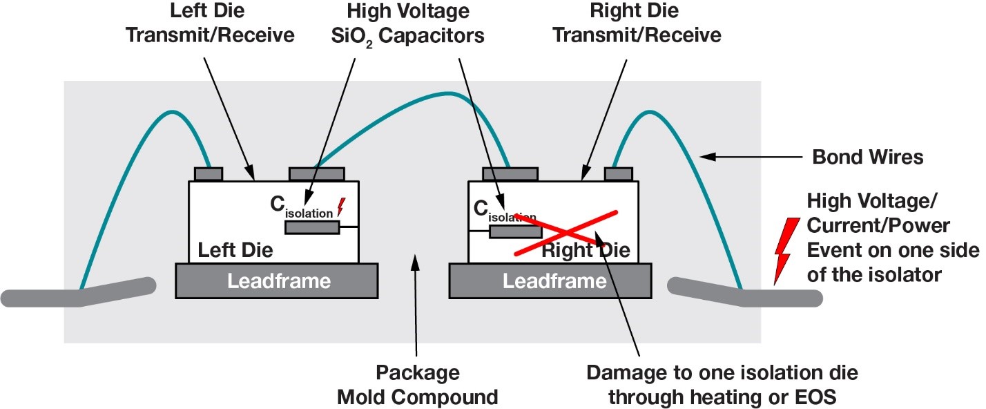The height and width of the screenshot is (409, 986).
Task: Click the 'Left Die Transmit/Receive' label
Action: [x=210, y=23]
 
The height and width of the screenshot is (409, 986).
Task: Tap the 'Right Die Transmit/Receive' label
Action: [x=635, y=23]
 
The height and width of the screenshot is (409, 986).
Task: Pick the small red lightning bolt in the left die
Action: [x=340, y=206]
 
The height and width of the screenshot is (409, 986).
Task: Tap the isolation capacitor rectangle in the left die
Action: [x=311, y=228]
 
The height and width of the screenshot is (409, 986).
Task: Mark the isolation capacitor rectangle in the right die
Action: [x=515, y=231]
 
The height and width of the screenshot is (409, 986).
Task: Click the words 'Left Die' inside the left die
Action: [x=235, y=249]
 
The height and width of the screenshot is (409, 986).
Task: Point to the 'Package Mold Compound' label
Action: [x=417, y=384]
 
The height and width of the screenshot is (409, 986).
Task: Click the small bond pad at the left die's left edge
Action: [x=208, y=173]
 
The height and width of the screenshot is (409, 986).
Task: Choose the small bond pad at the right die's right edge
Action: [x=619, y=173]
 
